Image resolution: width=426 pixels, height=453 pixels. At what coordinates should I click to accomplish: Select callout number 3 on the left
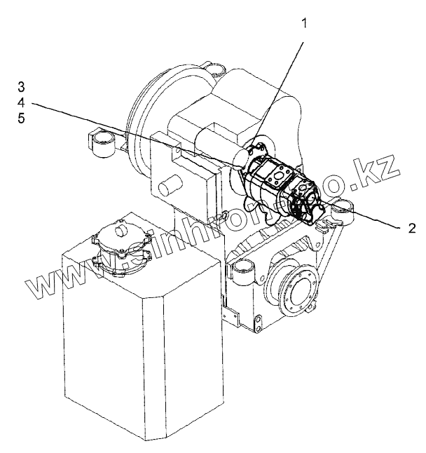(22, 87)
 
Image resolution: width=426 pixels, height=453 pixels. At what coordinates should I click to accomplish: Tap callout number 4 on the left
(22, 103)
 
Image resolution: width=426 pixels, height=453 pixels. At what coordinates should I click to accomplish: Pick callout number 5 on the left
(22, 119)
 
